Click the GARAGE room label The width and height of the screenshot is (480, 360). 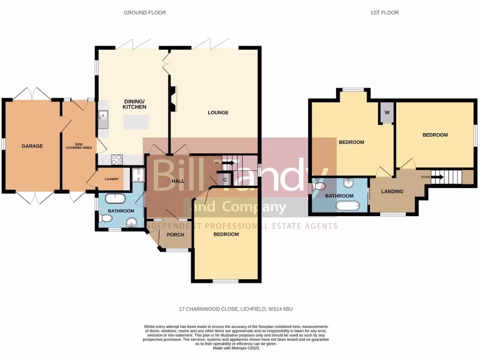32,146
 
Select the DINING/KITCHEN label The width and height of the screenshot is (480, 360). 135,104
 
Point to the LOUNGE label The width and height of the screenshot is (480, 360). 218,112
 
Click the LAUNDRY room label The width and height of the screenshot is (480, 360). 112,179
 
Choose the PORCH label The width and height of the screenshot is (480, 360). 175,235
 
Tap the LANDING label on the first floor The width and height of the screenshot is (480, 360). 392,191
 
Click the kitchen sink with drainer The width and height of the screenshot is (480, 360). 104,119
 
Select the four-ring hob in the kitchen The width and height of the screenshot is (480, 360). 117,160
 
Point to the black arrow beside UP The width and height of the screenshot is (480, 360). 228,163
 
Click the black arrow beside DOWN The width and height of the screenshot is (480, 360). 437,177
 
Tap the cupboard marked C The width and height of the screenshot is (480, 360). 225,180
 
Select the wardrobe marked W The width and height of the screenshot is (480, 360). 387,113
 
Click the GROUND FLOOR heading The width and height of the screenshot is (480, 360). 144,13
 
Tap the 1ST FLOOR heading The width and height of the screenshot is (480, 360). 384,13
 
